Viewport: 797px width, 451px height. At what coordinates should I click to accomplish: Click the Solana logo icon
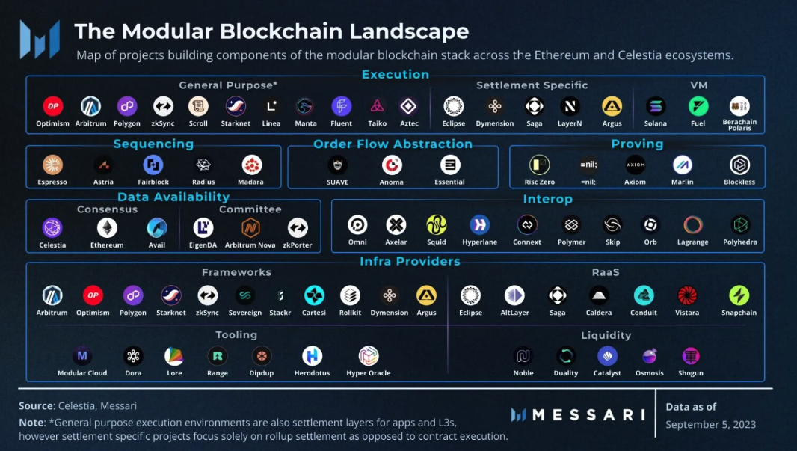click(x=656, y=106)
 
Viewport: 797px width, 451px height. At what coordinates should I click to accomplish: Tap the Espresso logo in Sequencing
click(x=52, y=165)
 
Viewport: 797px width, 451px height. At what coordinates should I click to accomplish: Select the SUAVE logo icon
click(x=337, y=165)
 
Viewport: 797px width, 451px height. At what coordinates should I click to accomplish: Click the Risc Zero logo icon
click(x=539, y=165)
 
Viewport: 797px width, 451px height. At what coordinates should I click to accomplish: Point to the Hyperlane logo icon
click(x=479, y=224)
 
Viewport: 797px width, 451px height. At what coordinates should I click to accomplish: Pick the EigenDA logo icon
click(x=203, y=227)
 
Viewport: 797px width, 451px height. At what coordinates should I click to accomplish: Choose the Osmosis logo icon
click(x=650, y=356)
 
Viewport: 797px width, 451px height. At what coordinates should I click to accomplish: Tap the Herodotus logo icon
click(x=312, y=356)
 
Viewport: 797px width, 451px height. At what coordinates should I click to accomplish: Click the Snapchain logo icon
click(x=739, y=295)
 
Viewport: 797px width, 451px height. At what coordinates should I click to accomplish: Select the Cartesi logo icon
click(x=314, y=295)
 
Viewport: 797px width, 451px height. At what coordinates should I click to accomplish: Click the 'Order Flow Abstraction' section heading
click(x=393, y=144)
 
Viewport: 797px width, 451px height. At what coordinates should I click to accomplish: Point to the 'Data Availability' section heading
click(x=173, y=197)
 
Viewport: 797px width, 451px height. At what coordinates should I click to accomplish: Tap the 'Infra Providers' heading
click(x=410, y=261)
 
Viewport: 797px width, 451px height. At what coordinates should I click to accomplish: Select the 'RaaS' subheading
click(x=605, y=272)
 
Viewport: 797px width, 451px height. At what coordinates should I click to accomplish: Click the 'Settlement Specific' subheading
click(x=532, y=85)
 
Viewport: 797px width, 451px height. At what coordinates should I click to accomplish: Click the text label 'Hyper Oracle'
click(x=369, y=373)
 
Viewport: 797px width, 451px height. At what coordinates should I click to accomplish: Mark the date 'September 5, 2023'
click(x=710, y=424)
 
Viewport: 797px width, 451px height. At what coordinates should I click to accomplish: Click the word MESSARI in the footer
click(x=588, y=414)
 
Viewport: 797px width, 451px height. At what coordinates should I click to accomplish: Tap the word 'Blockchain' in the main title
click(x=289, y=31)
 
